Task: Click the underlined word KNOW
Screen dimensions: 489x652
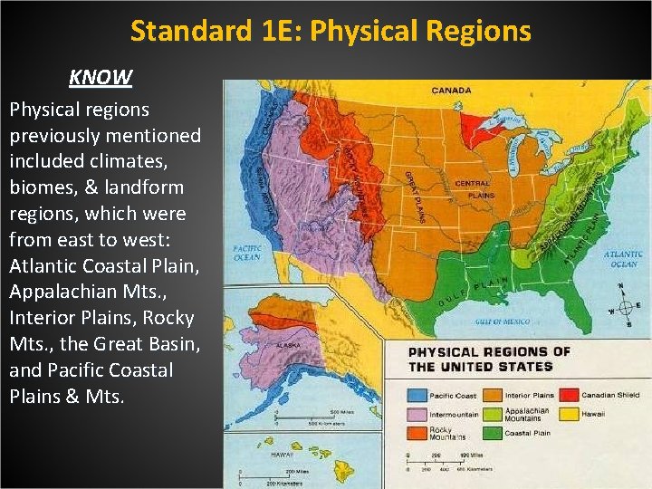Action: (x=101, y=77)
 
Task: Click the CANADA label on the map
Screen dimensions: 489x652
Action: (x=450, y=91)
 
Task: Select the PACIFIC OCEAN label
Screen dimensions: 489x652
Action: (x=247, y=251)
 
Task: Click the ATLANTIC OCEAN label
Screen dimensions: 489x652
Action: (x=623, y=259)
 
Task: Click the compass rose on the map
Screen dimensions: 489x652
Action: (x=621, y=307)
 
